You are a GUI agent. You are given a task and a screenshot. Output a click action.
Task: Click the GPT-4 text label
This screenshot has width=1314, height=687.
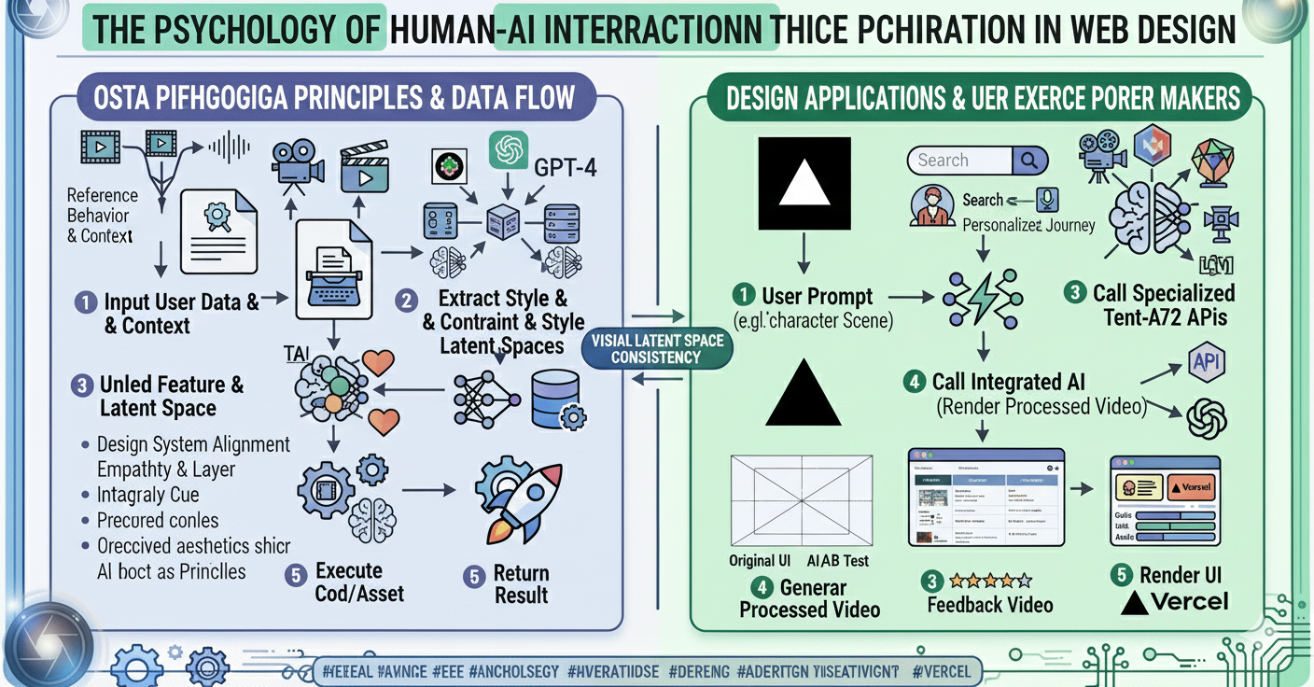pos(566,168)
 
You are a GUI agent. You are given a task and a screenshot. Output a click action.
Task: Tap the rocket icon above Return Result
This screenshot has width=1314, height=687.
pos(514,502)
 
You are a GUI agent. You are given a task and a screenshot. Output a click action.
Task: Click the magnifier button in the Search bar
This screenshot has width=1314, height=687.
pos(1028,161)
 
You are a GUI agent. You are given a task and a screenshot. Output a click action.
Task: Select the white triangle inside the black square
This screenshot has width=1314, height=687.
pos(804,183)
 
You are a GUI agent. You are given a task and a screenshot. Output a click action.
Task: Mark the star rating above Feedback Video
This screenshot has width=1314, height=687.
pos(990,581)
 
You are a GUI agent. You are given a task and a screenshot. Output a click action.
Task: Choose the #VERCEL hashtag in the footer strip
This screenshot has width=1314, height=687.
pos(942,671)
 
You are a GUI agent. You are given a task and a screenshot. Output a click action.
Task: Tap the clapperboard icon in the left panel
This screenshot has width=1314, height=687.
pos(363,168)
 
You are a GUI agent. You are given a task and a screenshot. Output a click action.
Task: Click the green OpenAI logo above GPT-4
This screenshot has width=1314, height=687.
pos(509,150)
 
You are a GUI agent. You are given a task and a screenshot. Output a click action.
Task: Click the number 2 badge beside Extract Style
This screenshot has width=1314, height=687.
pos(405,301)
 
